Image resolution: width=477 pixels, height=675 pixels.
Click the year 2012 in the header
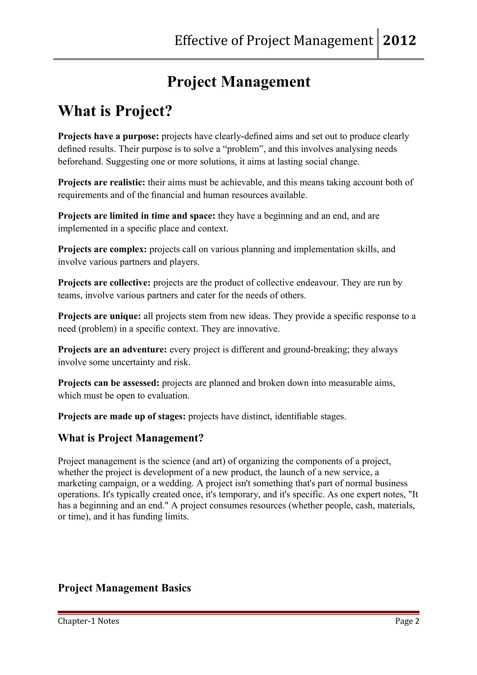click(400, 41)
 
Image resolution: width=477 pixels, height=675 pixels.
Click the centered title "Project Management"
click(238, 82)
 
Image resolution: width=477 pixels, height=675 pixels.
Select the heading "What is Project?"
click(115, 111)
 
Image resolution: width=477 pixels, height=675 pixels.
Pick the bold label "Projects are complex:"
click(102, 249)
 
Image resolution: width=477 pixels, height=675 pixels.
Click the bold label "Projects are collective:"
click(104, 283)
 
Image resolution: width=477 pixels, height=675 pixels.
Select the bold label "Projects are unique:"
click(100, 316)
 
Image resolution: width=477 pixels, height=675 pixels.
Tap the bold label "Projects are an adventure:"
click(112, 350)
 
